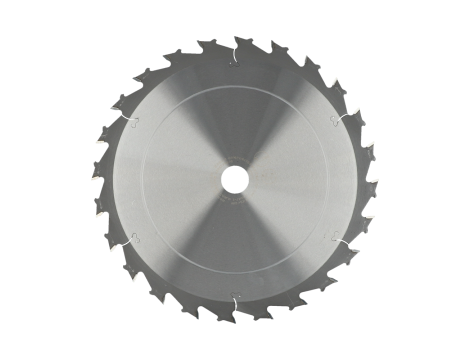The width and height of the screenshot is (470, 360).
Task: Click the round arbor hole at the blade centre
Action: (234, 179)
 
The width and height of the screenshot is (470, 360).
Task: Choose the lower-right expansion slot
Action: (343, 240)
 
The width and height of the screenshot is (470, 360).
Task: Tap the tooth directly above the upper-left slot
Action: (124, 101)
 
